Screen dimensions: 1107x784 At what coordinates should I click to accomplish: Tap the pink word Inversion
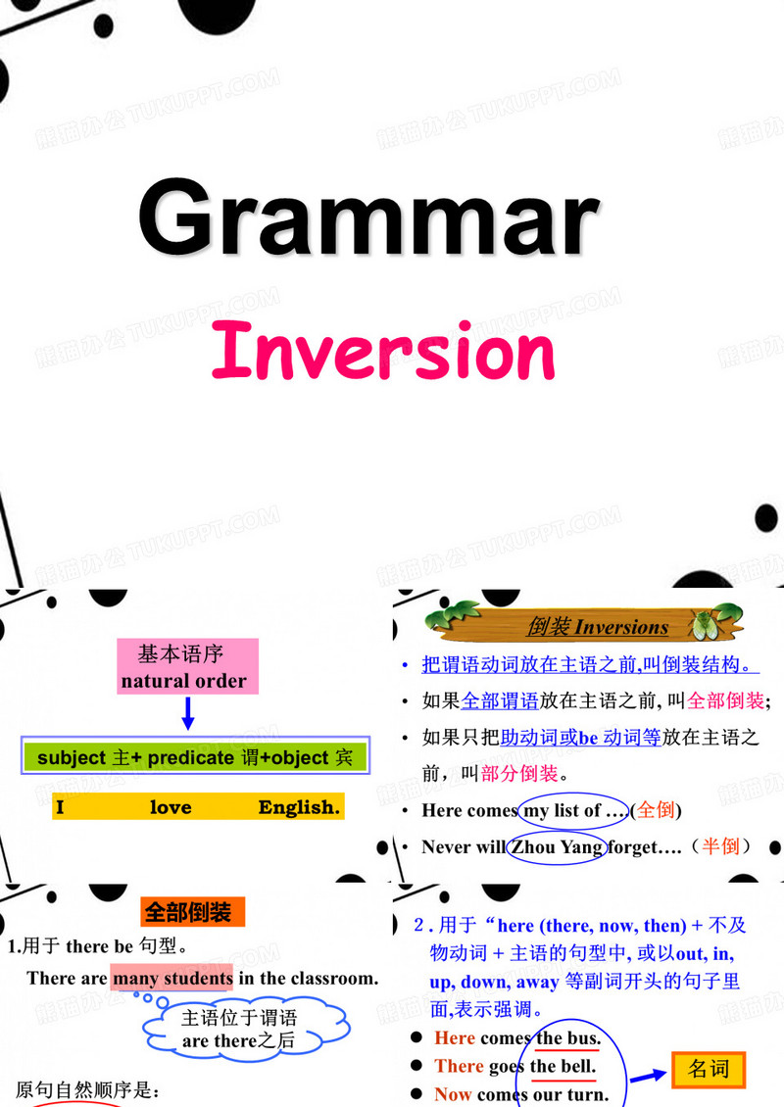click(383, 351)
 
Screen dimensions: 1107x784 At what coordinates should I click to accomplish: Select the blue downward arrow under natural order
click(188, 714)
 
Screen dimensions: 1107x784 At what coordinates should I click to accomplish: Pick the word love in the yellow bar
click(171, 808)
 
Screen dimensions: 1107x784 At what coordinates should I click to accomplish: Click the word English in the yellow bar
click(299, 808)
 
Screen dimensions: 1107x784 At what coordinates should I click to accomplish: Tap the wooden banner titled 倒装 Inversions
click(586, 626)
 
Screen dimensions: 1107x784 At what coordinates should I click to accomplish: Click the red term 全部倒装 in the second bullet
click(725, 700)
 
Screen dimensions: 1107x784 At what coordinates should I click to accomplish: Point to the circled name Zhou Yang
click(555, 847)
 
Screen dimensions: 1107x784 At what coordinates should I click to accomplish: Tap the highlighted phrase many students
click(172, 978)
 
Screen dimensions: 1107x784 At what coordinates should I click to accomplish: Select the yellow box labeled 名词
click(709, 1069)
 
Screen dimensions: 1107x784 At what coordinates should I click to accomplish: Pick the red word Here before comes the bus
click(455, 1038)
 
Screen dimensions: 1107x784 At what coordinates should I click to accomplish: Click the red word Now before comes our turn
click(453, 1095)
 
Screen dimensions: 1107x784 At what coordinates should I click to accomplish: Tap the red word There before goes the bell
click(459, 1067)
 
